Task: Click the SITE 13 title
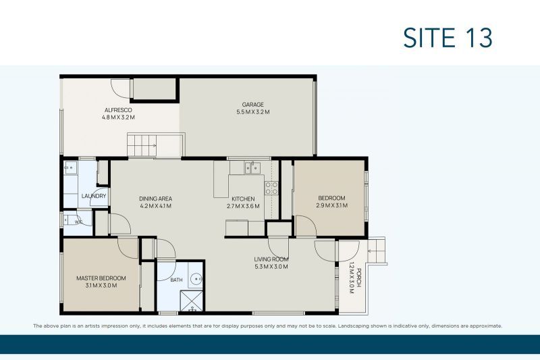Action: click(448, 38)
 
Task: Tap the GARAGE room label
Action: click(252, 105)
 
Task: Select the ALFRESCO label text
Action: click(118, 110)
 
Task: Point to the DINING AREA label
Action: click(155, 199)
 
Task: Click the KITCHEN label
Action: click(243, 199)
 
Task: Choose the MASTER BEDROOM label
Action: click(101, 278)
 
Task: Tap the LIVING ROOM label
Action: click(271, 259)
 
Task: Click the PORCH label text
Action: click(359, 278)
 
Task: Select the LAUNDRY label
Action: click(94, 196)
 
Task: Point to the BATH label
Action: click(176, 280)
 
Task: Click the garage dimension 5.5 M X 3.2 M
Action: click(252, 112)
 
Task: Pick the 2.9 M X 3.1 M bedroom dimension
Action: click(331, 205)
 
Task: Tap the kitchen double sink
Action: click(252, 168)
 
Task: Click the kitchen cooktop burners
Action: click(271, 188)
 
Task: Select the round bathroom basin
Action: click(196, 278)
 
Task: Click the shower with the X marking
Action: click(192, 301)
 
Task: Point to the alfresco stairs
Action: click(142, 145)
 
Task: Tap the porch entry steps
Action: click(376, 251)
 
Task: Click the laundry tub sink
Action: click(70, 168)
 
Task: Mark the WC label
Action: click(78, 222)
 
